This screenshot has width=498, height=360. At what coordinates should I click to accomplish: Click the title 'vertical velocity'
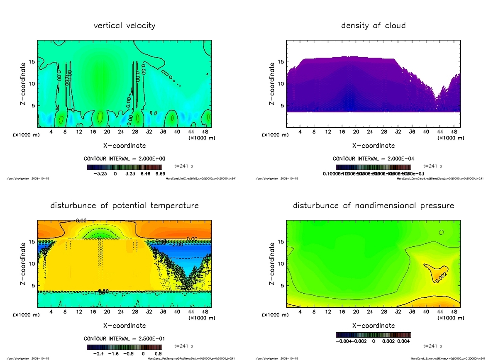pyautogui.click(x=124, y=26)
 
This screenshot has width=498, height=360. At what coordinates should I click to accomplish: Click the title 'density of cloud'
pyautogui.click(x=373, y=26)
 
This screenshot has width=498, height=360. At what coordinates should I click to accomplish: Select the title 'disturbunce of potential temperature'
pyautogui.click(x=124, y=206)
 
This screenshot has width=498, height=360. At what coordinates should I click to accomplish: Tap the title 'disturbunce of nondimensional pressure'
pyautogui.click(x=373, y=206)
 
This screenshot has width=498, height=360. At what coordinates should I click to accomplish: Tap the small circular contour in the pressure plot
pyautogui.click(x=441, y=232)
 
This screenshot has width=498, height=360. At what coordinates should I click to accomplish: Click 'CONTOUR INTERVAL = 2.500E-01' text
pyautogui.click(x=124, y=338)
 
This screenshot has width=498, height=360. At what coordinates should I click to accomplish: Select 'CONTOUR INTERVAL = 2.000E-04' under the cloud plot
pyautogui.click(x=373, y=158)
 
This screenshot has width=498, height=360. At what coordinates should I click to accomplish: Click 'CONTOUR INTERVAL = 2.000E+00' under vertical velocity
pyautogui.click(x=124, y=158)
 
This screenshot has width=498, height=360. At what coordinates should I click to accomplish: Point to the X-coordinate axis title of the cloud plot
pyautogui.click(x=373, y=146)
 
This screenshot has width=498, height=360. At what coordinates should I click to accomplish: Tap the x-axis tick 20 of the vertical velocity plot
pyautogui.click(x=107, y=132)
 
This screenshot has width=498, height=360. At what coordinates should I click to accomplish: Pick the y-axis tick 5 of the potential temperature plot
pyautogui.click(x=33, y=286)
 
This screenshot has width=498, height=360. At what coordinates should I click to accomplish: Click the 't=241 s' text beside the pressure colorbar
pyautogui.click(x=433, y=345)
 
